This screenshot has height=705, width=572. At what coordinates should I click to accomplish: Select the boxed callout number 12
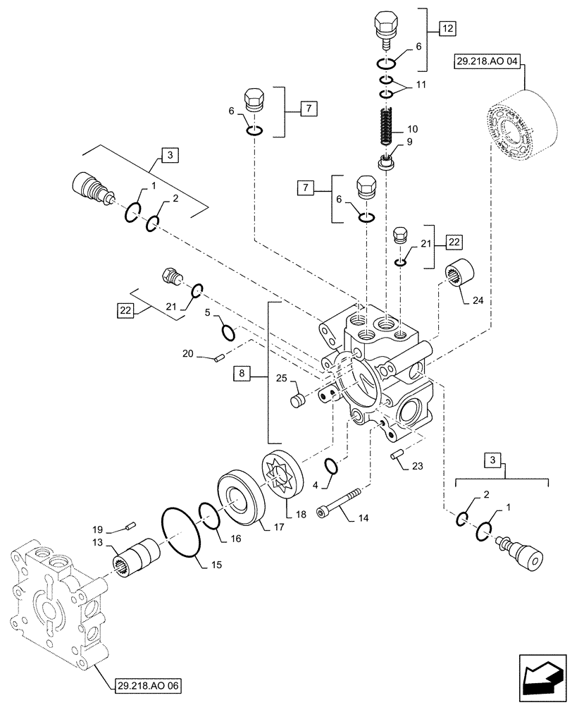[x=448, y=29]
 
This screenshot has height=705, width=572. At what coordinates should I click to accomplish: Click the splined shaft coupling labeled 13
[x=139, y=556]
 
